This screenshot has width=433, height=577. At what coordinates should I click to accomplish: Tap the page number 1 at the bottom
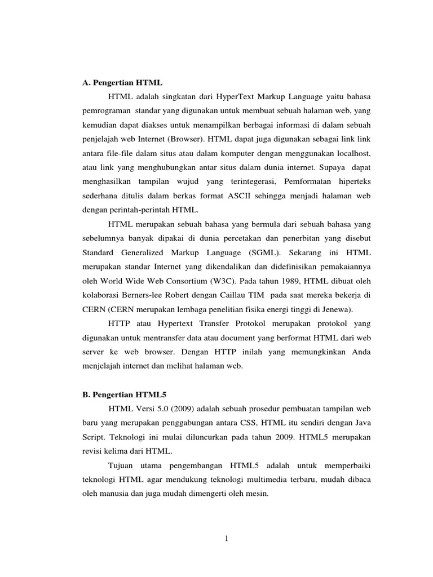[226, 539]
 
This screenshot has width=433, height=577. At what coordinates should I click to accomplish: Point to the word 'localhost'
[355, 153]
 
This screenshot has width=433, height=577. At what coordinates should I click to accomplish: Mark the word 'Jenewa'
[335, 308]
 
